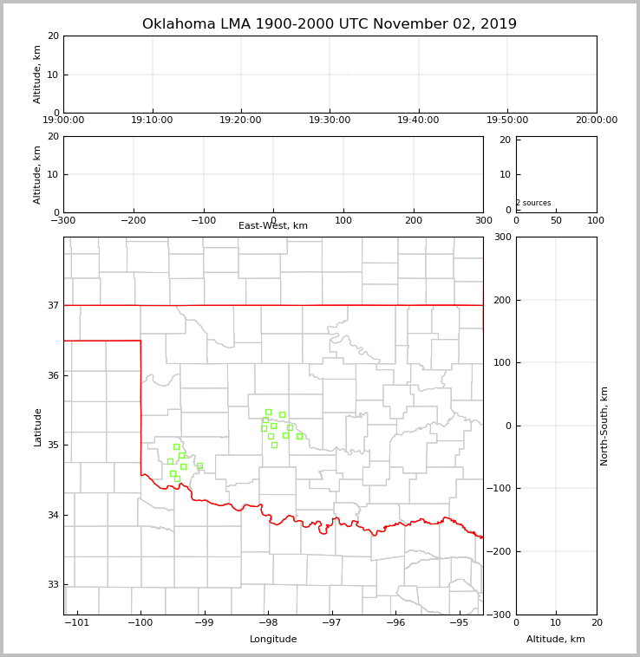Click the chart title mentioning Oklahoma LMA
pos(329,24)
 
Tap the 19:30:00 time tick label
pos(330,120)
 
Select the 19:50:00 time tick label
pos(507,120)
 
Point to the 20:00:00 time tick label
pos(596,120)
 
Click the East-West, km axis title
pos(273,226)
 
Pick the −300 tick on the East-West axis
pos(63,220)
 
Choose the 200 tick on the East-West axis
pos(414,220)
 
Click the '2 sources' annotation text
pos(533,204)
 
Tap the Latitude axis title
pos(37,426)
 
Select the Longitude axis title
pos(273,640)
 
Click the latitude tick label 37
pos(53,306)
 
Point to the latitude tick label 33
pos(53,585)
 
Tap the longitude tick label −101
pos(77,622)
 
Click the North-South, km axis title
pos(604,426)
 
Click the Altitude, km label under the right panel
pos(556,640)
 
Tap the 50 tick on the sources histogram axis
pos(556,220)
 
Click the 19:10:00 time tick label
pos(153,120)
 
